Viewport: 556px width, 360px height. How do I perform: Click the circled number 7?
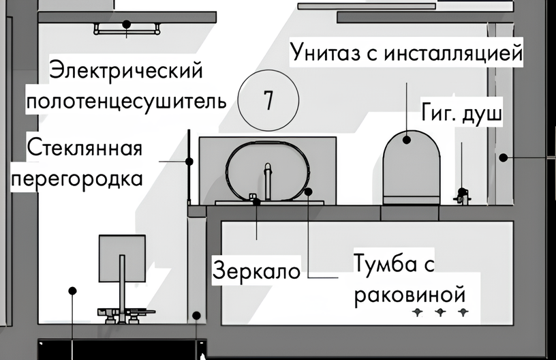(x=268, y=100)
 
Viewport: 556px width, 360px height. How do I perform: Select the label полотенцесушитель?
(x=126, y=101)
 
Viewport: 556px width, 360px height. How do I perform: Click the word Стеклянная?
(x=84, y=147)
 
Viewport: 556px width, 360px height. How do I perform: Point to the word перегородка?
(x=77, y=179)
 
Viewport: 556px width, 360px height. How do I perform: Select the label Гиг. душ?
(x=462, y=113)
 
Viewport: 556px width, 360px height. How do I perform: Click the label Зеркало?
(x=256, y=271)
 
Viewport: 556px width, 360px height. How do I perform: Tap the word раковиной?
(x=410, y=294)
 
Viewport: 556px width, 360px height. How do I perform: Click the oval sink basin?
(x=268, y=172)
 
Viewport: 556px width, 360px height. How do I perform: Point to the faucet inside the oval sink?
(x=268, y=181)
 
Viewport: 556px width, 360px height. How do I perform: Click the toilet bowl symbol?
(x=412, y=168)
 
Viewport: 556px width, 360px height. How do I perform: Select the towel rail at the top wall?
(x=127, y=29)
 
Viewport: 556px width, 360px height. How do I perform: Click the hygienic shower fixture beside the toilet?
(x=462, y=196)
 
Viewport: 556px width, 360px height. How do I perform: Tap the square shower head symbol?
(x=122, y=258)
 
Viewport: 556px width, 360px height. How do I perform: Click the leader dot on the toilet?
(x=407, y=140)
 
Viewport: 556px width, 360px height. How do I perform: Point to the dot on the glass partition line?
(x=189, y=162)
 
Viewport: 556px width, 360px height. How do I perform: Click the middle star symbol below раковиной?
(x=440, y=312)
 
